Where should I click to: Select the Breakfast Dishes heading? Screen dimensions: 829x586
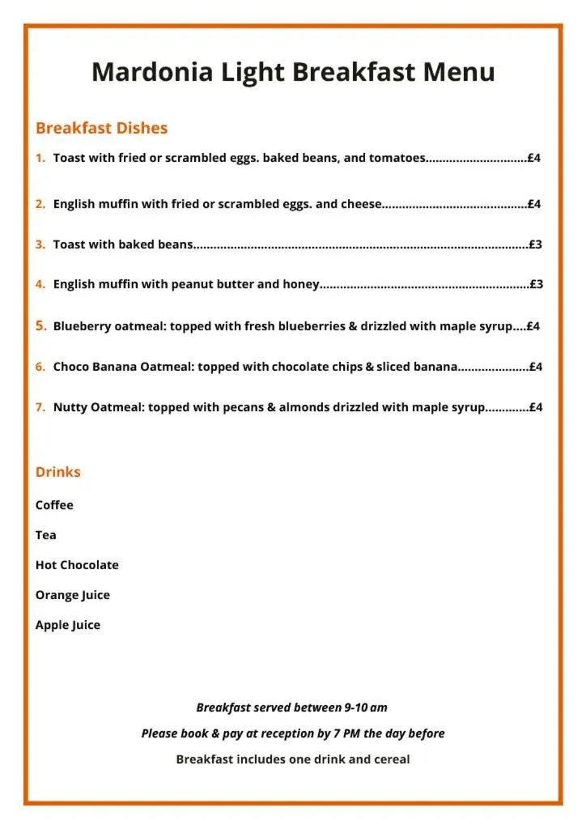click(101, 128)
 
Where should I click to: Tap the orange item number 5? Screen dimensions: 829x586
click(40, 326)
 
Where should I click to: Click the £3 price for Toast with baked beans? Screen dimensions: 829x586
click(535, 244)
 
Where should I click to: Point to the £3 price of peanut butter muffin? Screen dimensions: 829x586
click(536, 284)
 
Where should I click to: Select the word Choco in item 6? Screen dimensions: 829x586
click(70, 367)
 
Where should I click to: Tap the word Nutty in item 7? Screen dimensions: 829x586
click(70, 407)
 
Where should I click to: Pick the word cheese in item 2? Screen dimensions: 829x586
click(360, 204)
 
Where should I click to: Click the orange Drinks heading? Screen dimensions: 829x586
click(57, 472)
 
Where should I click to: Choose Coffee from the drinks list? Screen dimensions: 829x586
click(54, 505)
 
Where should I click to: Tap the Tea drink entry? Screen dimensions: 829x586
click(45, 535)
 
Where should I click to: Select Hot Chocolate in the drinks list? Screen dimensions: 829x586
click(77, 565)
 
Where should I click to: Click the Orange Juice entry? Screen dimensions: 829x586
click(72, 595)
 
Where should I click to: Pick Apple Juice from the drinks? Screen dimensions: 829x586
click(68, 625)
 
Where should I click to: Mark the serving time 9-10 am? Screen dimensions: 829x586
click(366, 708)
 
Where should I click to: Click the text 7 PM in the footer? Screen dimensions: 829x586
click(346, 733)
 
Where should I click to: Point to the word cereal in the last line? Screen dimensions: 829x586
click(390, 759)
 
